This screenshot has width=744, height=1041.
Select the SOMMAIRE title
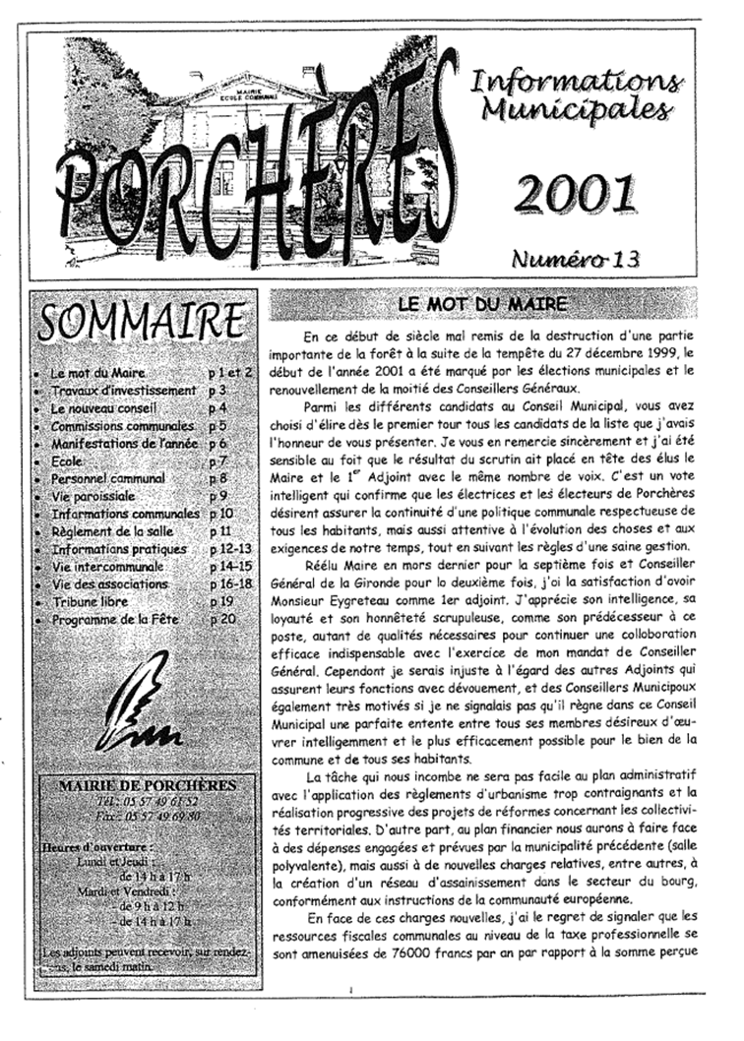tap(141, 321)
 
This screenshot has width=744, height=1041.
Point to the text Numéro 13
tap(576, 259)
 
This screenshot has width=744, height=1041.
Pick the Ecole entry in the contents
tap(69, 460)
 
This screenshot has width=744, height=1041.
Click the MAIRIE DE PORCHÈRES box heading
tap(147, 785)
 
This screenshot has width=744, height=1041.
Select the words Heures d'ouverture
tap(98, 845)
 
